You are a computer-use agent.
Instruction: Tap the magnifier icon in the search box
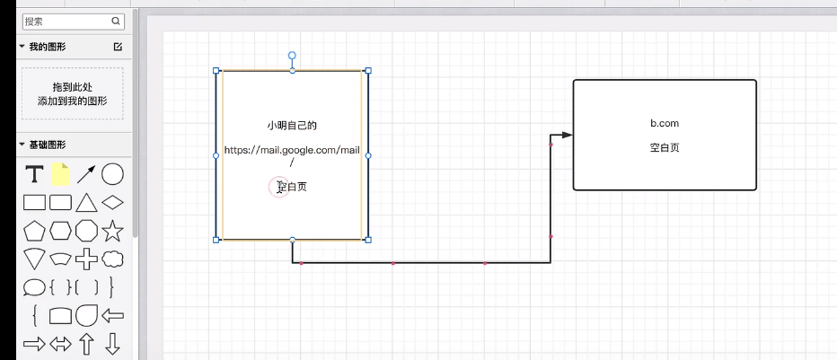click(117, 21)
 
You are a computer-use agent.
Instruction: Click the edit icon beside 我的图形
click(118, 47)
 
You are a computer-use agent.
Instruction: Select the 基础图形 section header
click(47, 145)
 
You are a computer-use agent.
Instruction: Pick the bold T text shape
click(34, 174)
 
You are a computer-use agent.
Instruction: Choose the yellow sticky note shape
click(60, 174)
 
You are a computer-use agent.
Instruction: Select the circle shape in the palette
click(112, 174)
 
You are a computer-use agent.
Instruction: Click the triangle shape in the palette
click(86, 202)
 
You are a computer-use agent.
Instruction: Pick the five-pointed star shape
click(112, 231)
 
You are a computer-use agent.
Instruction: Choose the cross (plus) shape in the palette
click(86, 259)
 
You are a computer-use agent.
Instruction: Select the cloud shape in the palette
click(112, 259)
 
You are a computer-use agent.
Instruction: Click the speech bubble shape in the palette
click(34, 287)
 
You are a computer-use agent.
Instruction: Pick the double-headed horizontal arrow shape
click(60, 343)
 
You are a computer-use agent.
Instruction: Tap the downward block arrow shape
click(112, 343)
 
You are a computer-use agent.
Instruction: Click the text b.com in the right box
click(665, 123)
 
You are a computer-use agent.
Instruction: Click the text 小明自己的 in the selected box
click(292, 126)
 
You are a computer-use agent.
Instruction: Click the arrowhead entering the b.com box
click(567, 136)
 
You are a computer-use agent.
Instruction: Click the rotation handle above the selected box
click(292, 56)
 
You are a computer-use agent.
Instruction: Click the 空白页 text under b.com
click(665, 147)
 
